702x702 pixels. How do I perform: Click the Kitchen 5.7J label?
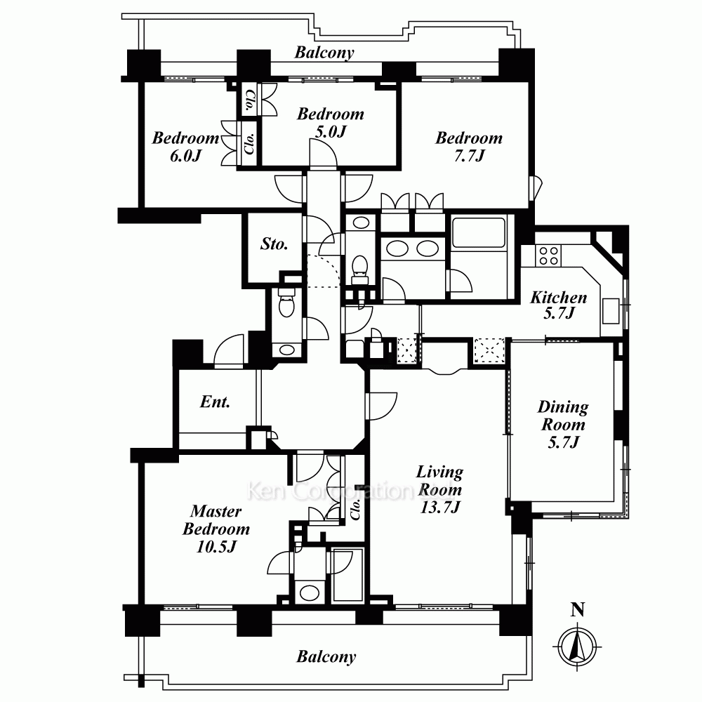[559, 305]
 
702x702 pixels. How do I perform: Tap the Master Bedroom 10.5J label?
[216, 529]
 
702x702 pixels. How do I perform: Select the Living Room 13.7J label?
[439, 489]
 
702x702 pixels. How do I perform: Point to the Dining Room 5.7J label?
[563, 424]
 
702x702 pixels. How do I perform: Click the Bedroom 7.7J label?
[469, 147]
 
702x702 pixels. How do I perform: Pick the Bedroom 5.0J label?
[331, 122]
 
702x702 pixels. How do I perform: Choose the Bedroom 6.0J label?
[185, 147]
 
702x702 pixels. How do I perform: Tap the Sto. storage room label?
[274, 244]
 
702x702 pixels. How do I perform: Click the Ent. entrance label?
[215, 402]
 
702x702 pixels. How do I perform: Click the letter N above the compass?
[578, 610]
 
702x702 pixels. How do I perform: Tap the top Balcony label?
[324, 53]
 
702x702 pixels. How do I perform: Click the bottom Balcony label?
[326, 657]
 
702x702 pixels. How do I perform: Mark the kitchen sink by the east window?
[610, 311]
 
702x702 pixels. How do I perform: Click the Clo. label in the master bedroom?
[355, 509]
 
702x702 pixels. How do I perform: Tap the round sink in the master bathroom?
[310, 592]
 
